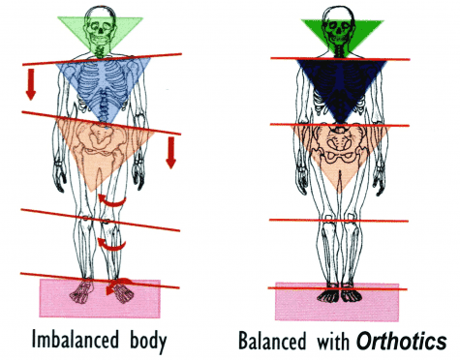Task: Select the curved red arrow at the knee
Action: point(114,242)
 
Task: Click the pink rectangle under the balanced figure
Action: point(291,302)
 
